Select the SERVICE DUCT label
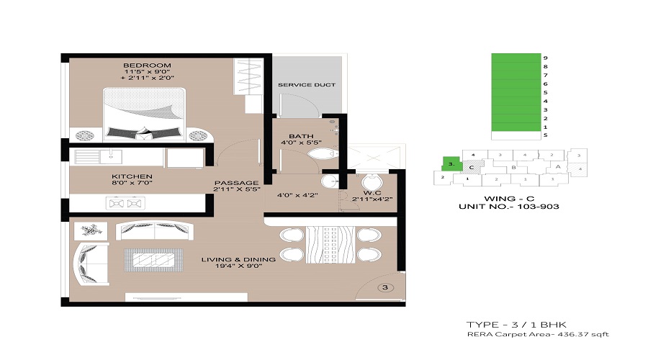coord(307,85)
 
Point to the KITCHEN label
coord(132,176)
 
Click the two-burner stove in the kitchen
coord(126,203)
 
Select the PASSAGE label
coord(231,184)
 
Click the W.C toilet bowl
coord(372,181)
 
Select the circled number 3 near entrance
coord(384,288)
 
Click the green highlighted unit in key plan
coord(451,163)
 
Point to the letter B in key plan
coord(514,168)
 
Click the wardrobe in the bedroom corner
coord(247,83)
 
